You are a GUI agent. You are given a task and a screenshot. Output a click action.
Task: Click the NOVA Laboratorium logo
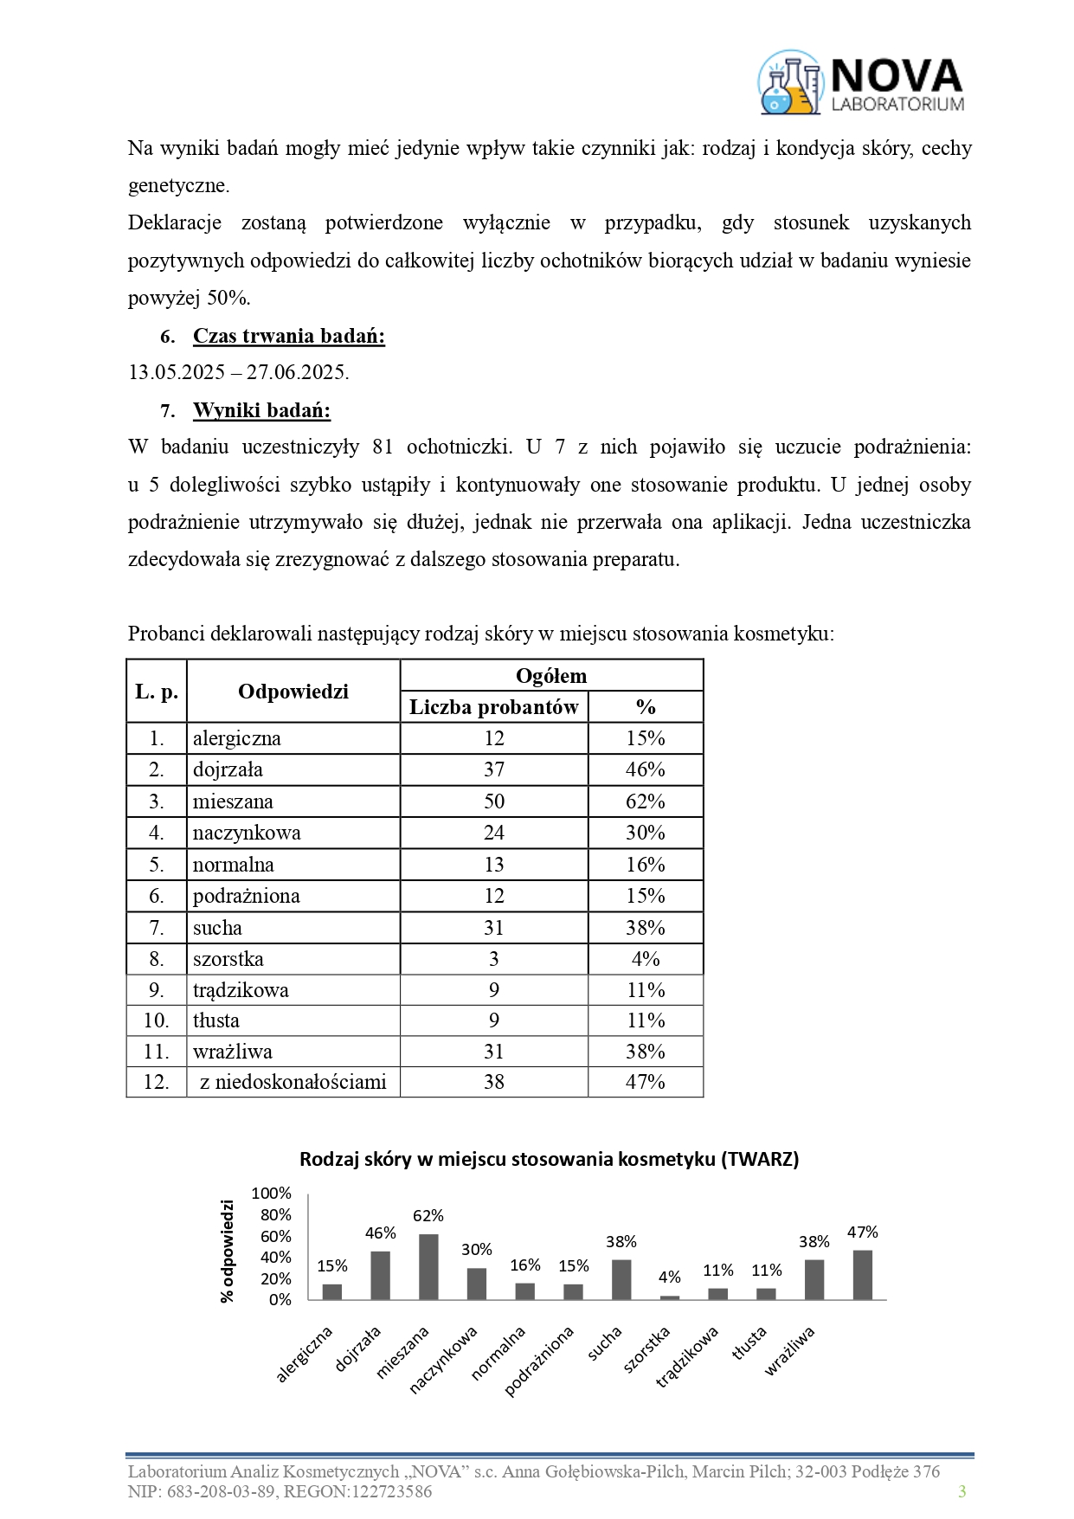(861, 83)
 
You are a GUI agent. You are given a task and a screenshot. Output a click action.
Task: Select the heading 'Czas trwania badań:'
(288, 336)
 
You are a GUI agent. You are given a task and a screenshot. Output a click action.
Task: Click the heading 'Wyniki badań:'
(261, 410)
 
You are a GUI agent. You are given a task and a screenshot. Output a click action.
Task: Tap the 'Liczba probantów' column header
(493, 707)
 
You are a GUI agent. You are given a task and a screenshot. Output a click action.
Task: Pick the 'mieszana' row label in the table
(234, 801)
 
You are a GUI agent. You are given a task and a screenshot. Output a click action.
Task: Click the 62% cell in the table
(646, 801)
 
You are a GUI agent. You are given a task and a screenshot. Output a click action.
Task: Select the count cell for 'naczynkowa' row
(493, 833)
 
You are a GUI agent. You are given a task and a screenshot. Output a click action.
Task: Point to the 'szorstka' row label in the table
(228, 959)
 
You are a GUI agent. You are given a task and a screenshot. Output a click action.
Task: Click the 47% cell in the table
(646, 1082)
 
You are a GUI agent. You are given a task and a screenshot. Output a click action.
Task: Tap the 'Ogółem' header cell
(551, 676)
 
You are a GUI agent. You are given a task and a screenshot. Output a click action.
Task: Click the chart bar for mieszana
(428, 1266)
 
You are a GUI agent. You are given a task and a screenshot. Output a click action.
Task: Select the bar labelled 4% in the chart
(670, 1297)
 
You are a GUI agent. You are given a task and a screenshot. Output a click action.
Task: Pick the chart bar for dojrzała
(381, 1275)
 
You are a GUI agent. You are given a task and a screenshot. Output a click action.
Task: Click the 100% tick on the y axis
(272, 1194)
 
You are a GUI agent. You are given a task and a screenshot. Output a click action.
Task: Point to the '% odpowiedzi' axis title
(228, 1251)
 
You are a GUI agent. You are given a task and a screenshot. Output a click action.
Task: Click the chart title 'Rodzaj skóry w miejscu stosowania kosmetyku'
(549, 1159)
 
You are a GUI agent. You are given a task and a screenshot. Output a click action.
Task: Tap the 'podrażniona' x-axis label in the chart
(540, 1361)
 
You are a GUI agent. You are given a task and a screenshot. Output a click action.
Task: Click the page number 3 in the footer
(961, 1490)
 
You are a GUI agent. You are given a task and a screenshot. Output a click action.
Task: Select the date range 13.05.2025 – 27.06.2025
(239, 373)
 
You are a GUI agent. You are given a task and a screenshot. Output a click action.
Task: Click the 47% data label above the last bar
(862, 1232)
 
